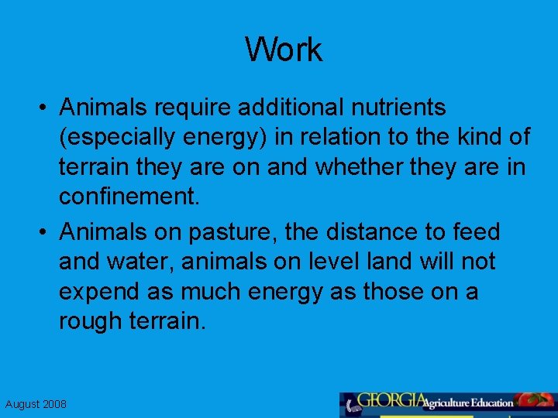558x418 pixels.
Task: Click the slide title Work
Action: (284, 50)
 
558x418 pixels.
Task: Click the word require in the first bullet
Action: (196, 107)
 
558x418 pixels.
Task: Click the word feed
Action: (476, 231)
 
